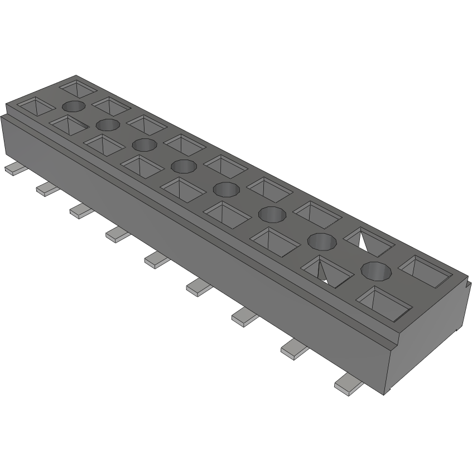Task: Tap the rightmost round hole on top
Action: (375, 271)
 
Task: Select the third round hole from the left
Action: (145, 145)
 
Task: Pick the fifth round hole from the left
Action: (225, 189)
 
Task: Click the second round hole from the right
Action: (322, 241)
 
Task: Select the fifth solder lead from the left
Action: (157, 259)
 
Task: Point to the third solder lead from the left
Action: (82, 210)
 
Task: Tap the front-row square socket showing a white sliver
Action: (327, 269)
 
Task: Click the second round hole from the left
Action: (108, 124)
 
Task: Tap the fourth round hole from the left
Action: (184, 166)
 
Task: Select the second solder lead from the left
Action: (48, 188)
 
